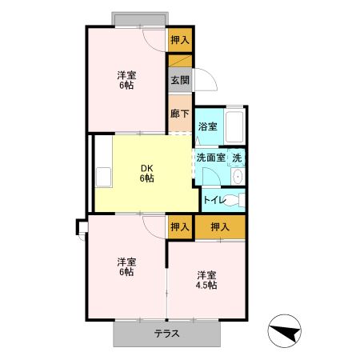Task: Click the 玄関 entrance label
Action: coord(179,80)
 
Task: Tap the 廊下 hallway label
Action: coord(179,113)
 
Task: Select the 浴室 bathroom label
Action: coord(207,126)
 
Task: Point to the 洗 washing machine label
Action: coord(238,158)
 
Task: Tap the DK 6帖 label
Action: coord(146,173)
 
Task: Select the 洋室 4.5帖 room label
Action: coord(206,279)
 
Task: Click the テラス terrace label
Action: coord(166,334)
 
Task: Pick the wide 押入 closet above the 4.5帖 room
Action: coord(219,227)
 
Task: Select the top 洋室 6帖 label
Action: coord(126,80)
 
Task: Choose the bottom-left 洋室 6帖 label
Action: coord(126,266)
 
